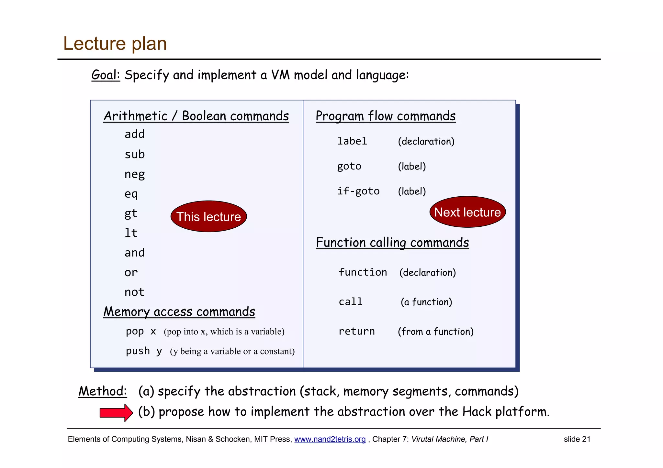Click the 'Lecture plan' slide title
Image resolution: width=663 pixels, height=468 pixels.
pos(115,44)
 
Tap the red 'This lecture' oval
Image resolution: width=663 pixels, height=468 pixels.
pos(208,216)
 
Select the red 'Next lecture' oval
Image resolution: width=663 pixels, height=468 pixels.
pos(467,212)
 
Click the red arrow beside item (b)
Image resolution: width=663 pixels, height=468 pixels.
pos(116,413)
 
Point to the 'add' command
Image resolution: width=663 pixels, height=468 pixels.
pos(135,134)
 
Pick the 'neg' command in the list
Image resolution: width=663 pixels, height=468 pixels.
pos(135,174)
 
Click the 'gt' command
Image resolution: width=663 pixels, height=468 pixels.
pos(131,214)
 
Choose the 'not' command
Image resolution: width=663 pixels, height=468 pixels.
pos(134,292)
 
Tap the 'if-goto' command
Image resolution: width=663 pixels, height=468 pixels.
pos(358,191)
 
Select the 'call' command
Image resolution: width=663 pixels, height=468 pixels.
pos(351,302)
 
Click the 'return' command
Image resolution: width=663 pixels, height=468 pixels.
pos(357,331)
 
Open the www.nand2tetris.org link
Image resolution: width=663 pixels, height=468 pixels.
pos(330,439)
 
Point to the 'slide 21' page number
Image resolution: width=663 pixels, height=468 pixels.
pos(577,439)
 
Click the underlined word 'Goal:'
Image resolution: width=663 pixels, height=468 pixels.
pos(106,75)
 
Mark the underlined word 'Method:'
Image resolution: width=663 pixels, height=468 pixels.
pos(103,391)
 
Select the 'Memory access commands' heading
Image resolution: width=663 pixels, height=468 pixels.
pos(179,312)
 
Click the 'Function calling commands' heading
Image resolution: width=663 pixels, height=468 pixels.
pos(392,243)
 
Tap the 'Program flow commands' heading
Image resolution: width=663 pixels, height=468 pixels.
pos(386,116)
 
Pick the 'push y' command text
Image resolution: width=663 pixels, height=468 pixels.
pos(144,351)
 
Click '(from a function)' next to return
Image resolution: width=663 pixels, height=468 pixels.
pos(436,332)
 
